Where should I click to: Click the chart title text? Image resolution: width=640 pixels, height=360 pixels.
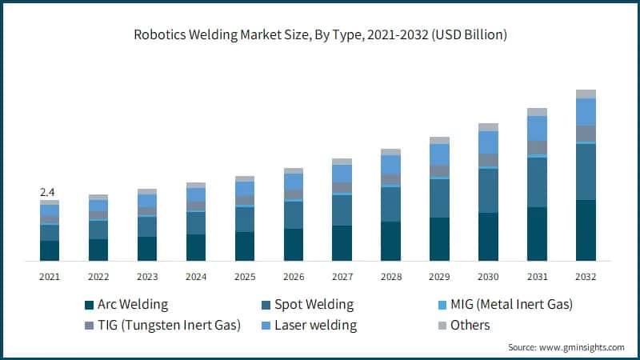(x=320, y=34)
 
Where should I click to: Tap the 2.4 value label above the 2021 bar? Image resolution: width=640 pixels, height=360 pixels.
(x=47, y=192)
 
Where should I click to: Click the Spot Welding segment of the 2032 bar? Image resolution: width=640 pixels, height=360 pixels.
(x=586, y=171)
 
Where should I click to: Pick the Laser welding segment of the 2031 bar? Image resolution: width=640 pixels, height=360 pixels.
(x=537, y=128)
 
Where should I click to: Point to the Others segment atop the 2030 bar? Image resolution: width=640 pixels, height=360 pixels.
(x=488, y=127)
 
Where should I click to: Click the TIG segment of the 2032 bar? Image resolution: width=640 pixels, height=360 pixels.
(x=586, y=133)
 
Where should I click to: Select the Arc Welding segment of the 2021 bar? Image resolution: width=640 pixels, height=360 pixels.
(x=50, y=250)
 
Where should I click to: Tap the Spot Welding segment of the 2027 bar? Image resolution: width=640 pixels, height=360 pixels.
(x=342, y=210)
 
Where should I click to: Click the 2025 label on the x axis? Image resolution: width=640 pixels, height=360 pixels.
(x=244, y=276)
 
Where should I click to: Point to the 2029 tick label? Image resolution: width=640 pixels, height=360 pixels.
(x=439, y=276)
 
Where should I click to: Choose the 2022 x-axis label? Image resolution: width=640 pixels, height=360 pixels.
(x=98, y=276)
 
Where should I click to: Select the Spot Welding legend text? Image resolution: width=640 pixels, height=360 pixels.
(x=314, y=305)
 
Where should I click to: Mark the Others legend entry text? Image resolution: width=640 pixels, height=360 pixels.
(x=470, y=326)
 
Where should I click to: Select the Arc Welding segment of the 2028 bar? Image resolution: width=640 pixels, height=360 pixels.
(x=390, y=241)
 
